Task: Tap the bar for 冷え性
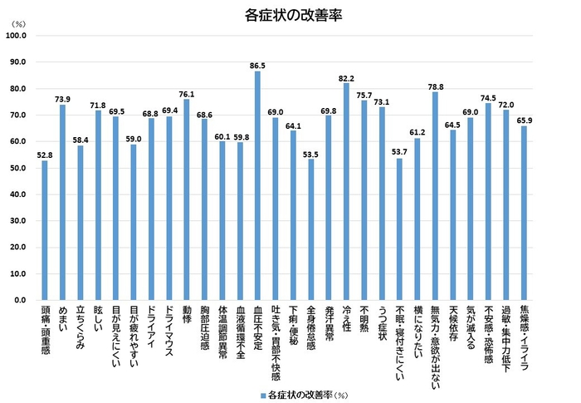pos(346,191)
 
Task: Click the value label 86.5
pos(257,66)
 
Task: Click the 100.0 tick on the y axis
pos(17,36)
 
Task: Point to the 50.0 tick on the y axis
pos(19,168)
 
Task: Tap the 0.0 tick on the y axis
pos(22,299)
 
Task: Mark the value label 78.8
pos(435,86)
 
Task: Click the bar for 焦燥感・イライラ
pos(524,213)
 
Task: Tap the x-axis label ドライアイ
pos(150,328)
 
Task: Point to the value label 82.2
pos(346,76)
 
